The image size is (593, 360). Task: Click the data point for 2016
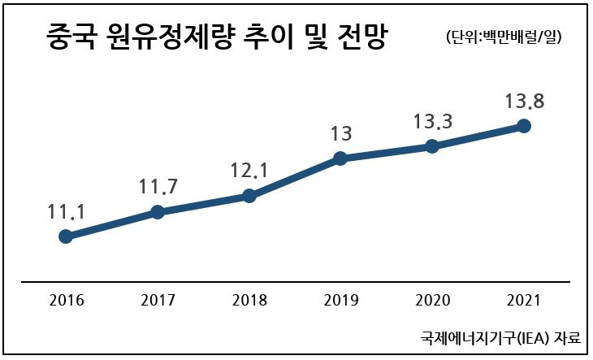pyautogui.click(x=66, y=236)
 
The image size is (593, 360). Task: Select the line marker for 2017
pyautogui.click(x=158, y=212)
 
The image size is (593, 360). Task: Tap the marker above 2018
pyautogui.click(x=249, y=196)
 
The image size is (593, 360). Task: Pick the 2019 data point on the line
pyautogui.click(x=340, y=158)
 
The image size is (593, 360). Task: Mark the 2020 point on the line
pyautogui.click(x=432, y=146)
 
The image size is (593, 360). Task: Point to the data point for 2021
pyautogui.click(x=524, y=126)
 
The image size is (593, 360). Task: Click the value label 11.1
pyautogui.click(x=67, y=212)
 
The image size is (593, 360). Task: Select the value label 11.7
pyautogui.click(x=158, y=186)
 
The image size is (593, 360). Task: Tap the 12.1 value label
pyautogui.click(x=249, y=170)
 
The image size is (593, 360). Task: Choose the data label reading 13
pyautogui.click(x=341, y=134)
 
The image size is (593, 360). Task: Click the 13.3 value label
pyautogui.click(x=433, y=122)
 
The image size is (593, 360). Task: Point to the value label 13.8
pyautogui.click(x=525, y=101)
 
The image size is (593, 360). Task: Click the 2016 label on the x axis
pyautogui.click(x=66, y=300)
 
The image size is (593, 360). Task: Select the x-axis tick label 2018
pyautogui.click(x=249, y=300)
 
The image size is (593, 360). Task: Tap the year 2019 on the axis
pyautogui.click(x=340, y=300)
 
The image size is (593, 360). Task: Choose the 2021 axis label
pyautogui.click(x=524, y=300)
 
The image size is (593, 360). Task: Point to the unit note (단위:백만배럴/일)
pyautogui.click(x=504, y=37)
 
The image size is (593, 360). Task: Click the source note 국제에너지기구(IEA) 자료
pyautogui.click(x=500, y=337)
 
